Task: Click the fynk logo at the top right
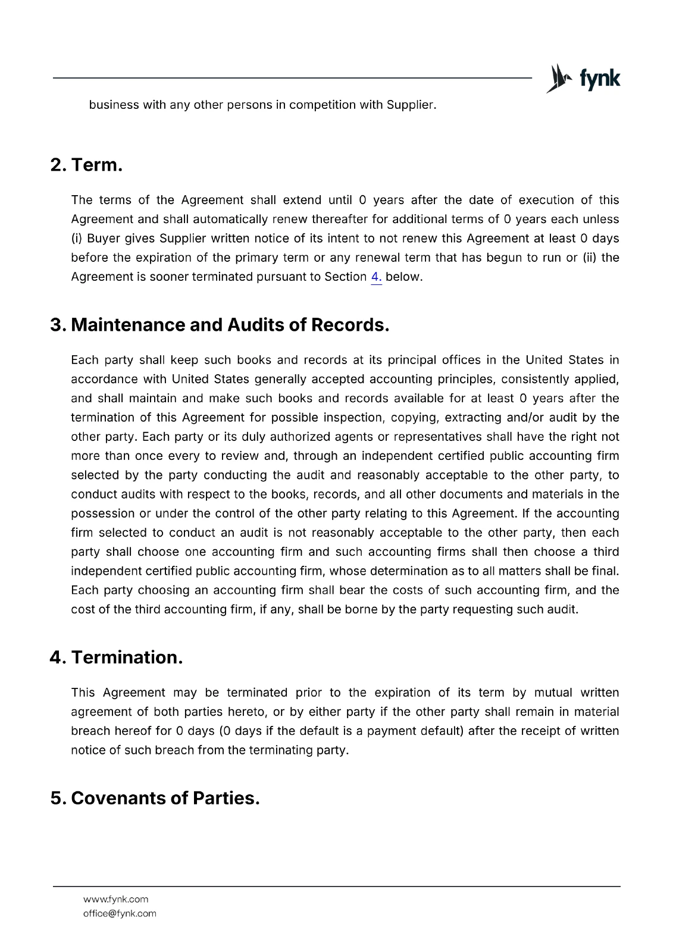coord(583,79)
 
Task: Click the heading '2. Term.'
coord(86,165)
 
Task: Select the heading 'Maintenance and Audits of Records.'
coord(230,325)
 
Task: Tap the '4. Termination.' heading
coord(116,657)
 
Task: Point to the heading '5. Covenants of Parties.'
coord(155,798)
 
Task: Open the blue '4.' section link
coord(376,277)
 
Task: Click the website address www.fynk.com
coord(115,899)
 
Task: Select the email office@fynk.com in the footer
coord(120,913)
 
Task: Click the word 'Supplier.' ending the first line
coord(411,105)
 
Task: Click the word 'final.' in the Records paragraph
coord(605,571)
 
